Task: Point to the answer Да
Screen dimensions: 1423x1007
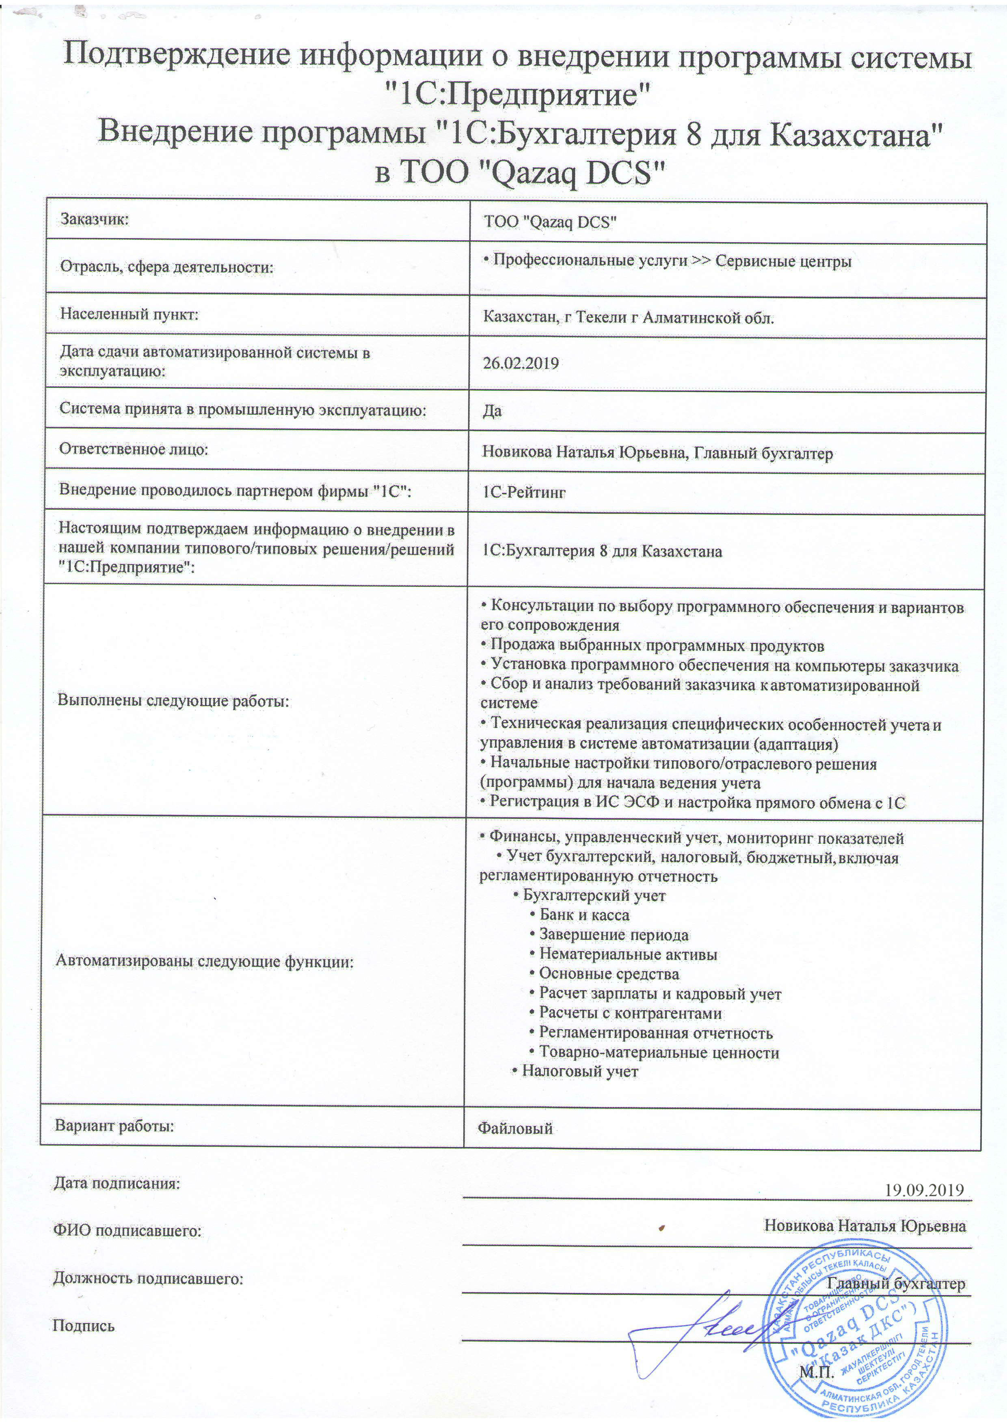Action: coord(493,411)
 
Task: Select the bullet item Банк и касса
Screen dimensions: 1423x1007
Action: coord(584,915)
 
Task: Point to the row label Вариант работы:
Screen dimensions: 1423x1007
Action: coord(115,1125)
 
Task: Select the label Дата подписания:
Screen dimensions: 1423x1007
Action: coord(117,1182)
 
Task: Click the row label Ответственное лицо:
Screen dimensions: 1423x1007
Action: coord(133,449)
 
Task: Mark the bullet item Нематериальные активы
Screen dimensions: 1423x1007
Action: coord(627,954)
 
